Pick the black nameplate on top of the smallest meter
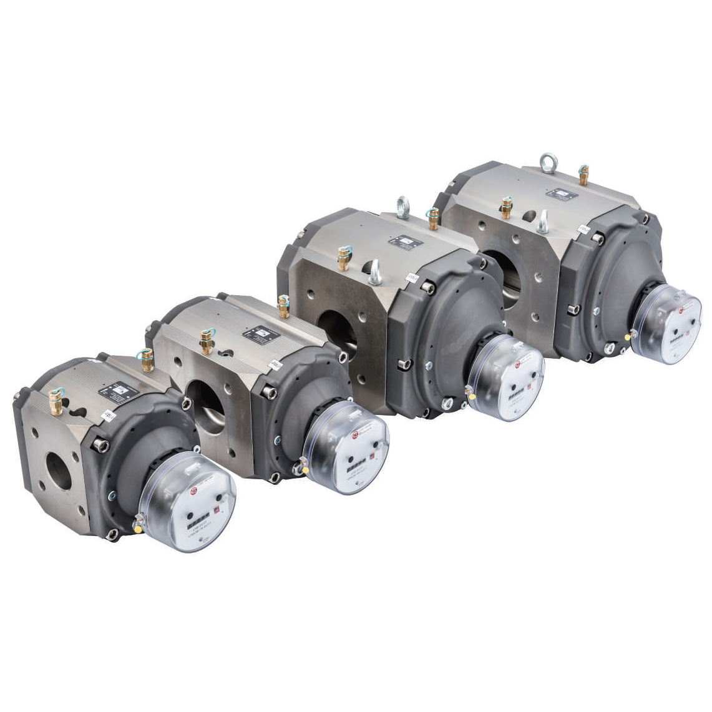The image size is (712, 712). coord(118,393)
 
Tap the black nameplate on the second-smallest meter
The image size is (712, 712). coord(260,336)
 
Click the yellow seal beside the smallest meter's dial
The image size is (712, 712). coord(138,529)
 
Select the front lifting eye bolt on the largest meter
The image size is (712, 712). coord(542,221)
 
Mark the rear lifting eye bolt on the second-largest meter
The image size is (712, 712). coord(402,207)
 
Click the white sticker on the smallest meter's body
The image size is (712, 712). coord(108,416)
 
